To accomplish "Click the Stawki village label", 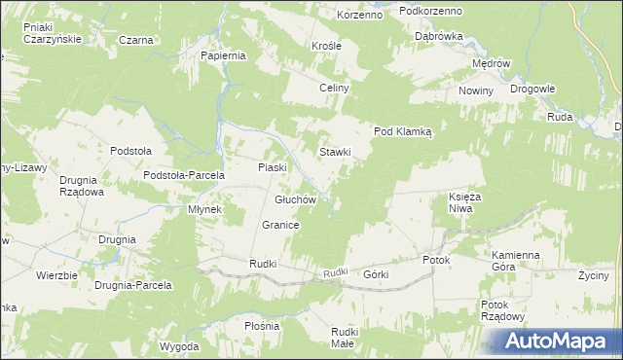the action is tap(335, 152).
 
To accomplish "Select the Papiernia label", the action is tap(223, 55).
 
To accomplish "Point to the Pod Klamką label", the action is tap(409, 131).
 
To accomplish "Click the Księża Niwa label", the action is tap(466, 202).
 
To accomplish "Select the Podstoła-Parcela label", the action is tap(184, 175).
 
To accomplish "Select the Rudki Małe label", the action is tap(343, 338).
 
